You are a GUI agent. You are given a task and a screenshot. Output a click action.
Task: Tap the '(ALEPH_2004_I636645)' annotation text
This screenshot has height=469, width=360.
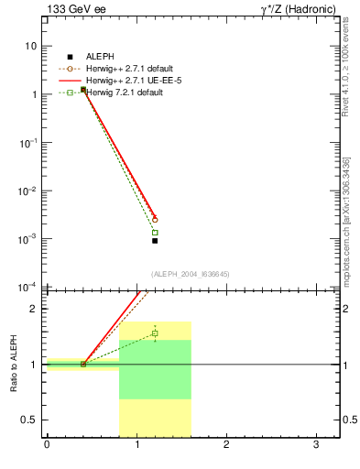[190, 273]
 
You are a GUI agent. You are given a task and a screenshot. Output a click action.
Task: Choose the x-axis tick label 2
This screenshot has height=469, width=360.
[226, 446]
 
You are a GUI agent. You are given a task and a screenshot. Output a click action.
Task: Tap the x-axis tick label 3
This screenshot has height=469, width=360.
[316, 446]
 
